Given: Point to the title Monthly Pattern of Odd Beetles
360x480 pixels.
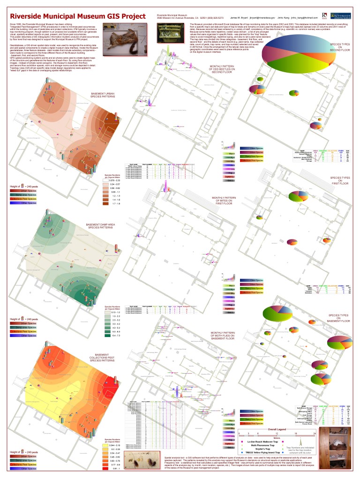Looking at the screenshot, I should click(x=222, y=69).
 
